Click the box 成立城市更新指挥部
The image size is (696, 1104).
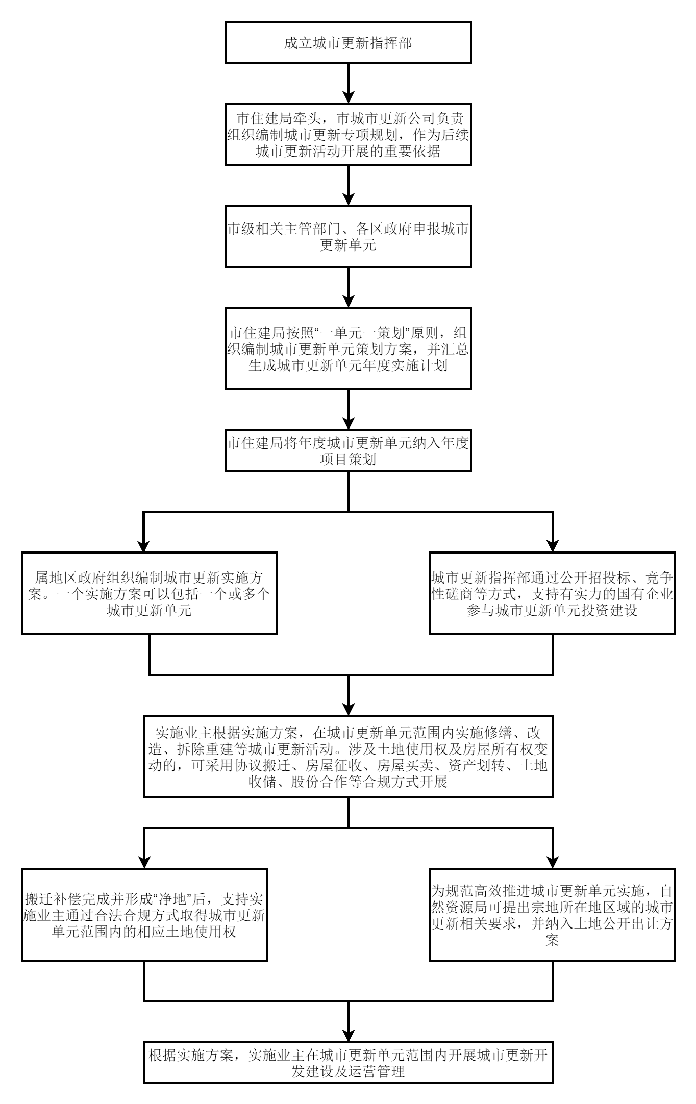click(348, 42)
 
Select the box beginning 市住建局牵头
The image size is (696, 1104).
click(348, 134)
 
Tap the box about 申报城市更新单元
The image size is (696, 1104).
click(348, 236)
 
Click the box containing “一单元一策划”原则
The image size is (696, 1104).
click(348, 348)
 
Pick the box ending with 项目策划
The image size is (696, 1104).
click(348, 450)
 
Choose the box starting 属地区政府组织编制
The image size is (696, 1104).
click(149, 593)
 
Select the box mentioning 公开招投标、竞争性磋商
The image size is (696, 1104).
click(553, 593)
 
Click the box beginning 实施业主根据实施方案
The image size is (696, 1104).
click(348, 757)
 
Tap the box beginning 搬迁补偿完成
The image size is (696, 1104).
click(144, 915)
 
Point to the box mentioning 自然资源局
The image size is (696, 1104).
click(553, 915)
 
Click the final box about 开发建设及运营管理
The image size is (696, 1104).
click(348, 1063)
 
